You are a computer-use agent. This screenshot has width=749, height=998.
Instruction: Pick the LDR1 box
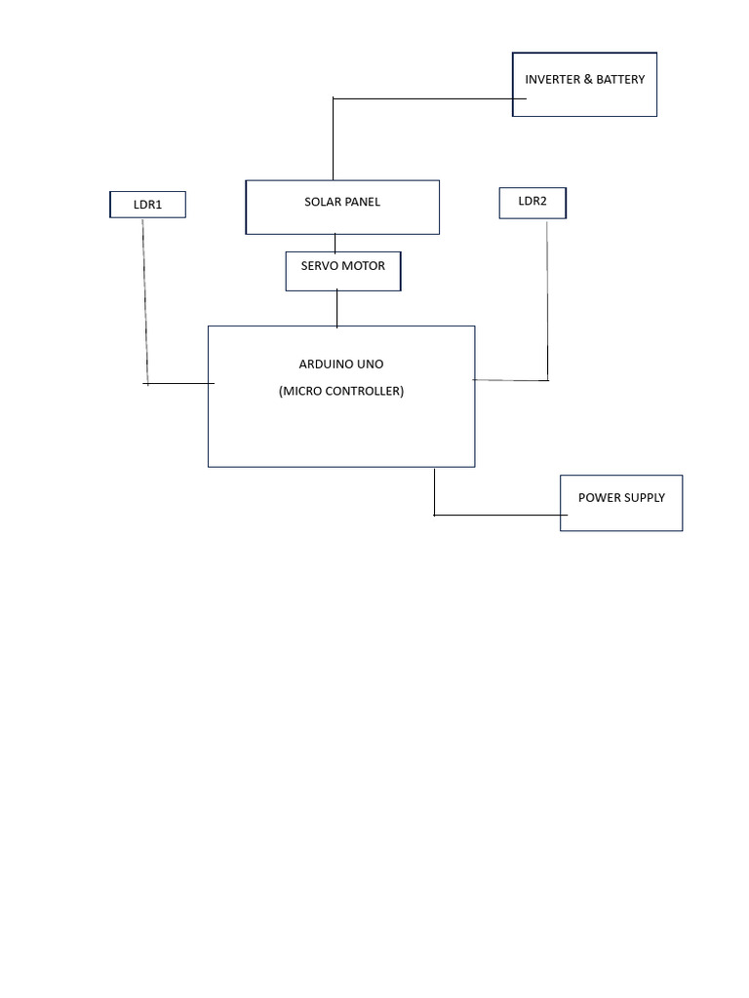click(x=147, y=205)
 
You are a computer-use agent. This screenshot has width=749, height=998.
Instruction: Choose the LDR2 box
click(x=532, y=203)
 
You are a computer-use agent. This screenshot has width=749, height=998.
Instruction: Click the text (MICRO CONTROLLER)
click(x=340, y=392)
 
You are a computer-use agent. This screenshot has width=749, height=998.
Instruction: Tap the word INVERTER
click(x=552, y=80)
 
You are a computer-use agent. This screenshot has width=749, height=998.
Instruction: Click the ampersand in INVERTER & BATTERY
click(x=587, y=80)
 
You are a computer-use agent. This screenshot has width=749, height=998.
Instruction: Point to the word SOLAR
click(x=321, y=203)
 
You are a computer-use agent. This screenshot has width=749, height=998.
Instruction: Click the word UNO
click(x=371, y=365)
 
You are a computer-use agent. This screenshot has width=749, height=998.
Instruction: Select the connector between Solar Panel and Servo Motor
click(x=335, y=243)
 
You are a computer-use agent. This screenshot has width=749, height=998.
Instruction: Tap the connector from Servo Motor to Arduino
click(x=337, y=308)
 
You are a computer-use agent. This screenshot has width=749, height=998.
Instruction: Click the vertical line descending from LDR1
click(x=145, y=302)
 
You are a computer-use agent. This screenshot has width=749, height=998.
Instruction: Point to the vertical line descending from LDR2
click(x=547, y=302)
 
